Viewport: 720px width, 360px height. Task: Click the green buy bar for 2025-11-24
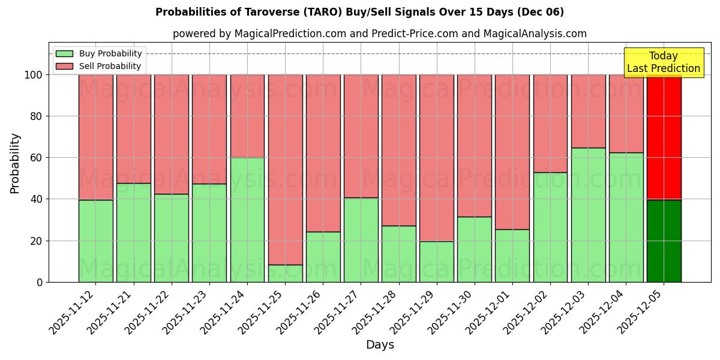247,220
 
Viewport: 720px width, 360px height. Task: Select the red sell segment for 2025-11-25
285,170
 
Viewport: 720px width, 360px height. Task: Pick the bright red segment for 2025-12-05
664,137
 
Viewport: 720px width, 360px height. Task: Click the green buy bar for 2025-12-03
588,215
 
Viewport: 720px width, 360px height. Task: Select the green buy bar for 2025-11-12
95,241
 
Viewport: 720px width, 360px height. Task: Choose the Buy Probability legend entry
99,53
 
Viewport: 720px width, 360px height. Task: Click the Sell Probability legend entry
99,66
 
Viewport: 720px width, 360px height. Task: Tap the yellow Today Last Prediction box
663,62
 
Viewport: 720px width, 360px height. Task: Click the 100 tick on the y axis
34,75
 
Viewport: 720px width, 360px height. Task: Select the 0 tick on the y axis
40,282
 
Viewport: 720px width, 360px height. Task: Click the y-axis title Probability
15,163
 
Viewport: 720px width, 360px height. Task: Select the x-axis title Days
380,345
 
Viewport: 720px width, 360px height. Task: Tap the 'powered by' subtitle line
379,34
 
